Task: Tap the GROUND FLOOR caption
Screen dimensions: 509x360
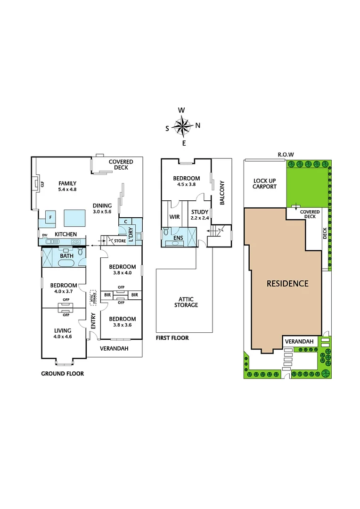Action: coord(62,374)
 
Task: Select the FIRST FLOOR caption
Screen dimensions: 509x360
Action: coord(172,338)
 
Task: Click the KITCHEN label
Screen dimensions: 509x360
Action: coord(65,234)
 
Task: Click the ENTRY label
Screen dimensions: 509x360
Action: coord(93,321)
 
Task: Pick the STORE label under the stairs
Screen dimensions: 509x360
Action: coord(120,241)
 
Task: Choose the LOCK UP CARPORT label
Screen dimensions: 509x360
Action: coord(265,184)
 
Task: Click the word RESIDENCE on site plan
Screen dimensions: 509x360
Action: coord(287,283)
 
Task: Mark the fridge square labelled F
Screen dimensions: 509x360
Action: coord(49,217)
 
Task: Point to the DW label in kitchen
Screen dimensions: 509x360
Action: coord(45,235)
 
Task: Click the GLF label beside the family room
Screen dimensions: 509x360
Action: coord(42,185)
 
